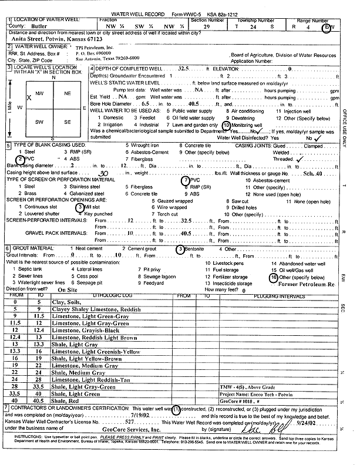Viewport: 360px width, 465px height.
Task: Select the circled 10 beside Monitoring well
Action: point(228,126)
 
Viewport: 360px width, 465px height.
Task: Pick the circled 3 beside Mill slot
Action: point(80,207)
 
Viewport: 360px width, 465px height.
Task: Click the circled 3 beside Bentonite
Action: point(180,250)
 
